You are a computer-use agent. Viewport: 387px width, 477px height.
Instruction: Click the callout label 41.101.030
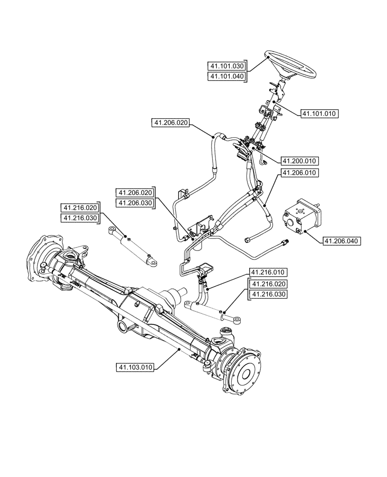point(226,66)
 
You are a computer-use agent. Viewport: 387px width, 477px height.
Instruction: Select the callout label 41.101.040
point(226,76)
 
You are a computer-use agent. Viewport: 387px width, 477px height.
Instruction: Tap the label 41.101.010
point(319,114)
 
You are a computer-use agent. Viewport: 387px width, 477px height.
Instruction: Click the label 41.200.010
point(300,161)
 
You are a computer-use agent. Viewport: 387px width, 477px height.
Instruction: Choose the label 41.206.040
point(342,241)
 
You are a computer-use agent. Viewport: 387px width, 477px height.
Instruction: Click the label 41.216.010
point(267,273)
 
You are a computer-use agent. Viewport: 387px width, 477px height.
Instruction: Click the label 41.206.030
point(135,203)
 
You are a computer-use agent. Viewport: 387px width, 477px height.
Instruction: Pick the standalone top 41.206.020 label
point(171,123)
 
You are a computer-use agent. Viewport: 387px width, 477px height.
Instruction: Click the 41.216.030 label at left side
point(80,218)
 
